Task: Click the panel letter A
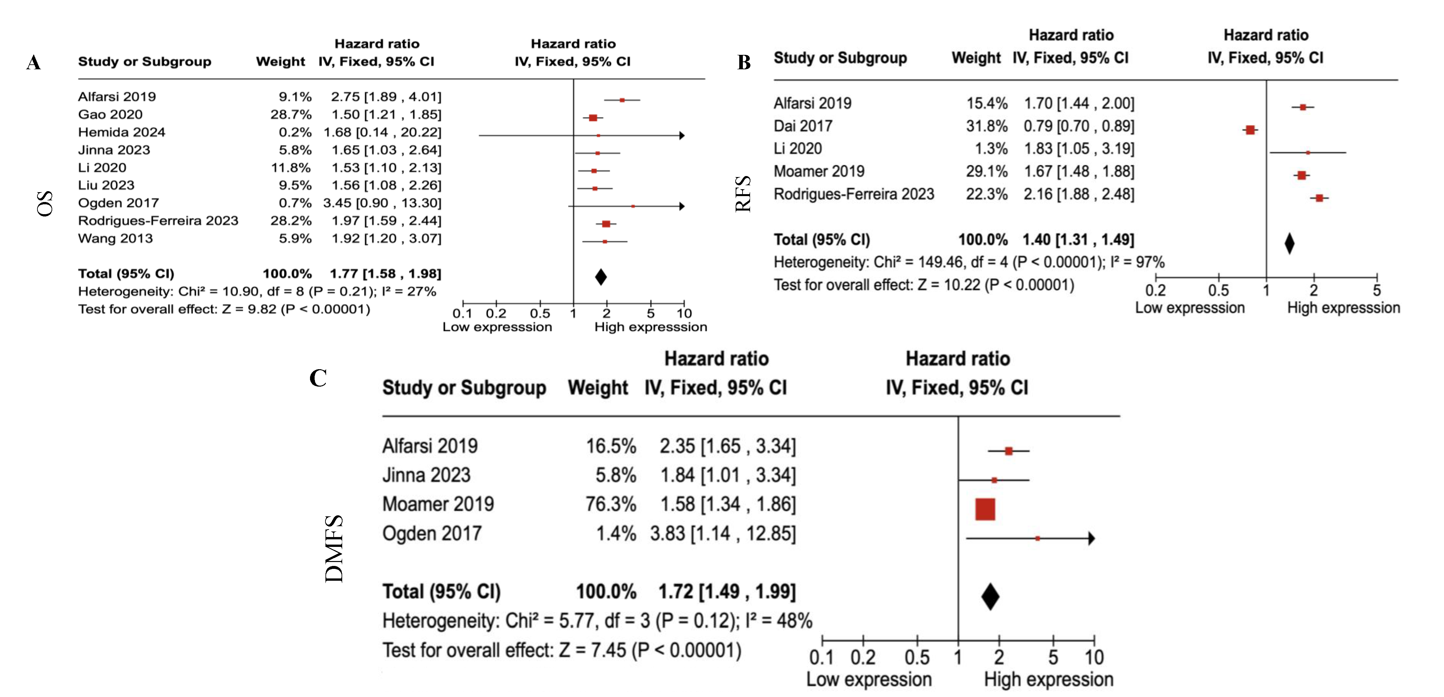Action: click(x=33, y=62)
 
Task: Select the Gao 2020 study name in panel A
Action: click(x=110, y=114)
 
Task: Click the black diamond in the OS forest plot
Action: click(x=600, y=277)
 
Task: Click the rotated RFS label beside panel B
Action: click(x=743, y=193)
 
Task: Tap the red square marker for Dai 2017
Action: click(x=1250, y=130)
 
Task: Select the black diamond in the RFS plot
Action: click(x=1289, y=243)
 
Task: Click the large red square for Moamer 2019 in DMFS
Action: click(x=985, y=509)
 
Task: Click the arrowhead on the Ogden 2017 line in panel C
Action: click(x=1091, y=538)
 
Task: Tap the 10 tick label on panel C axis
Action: click(x=1094, y=657)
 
